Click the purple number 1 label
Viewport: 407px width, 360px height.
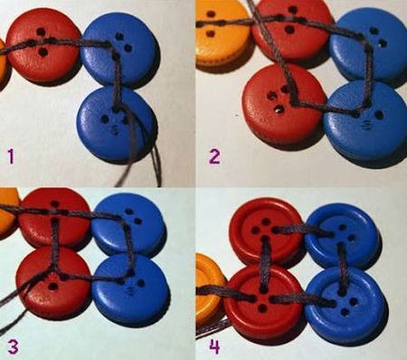coord(11,156)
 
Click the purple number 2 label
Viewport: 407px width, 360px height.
coord(214,156)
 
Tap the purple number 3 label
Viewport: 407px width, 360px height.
coord(13,346)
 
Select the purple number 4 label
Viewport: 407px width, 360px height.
coord(214,346)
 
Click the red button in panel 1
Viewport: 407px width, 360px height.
coord(43,46)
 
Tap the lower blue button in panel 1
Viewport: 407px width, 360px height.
coord(117,124)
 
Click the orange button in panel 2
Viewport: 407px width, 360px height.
coord(222,34)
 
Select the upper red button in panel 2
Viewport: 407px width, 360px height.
coord(291,30)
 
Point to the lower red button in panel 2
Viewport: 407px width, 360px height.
coord(284,103)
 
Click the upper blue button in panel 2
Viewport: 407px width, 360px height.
coord(368,44)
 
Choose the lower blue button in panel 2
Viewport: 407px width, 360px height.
coord(364,120)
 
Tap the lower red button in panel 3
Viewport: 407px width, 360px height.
coord(53,282)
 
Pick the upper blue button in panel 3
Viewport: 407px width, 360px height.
coord(128,224)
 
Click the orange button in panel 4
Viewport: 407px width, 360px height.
coord(210,290)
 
